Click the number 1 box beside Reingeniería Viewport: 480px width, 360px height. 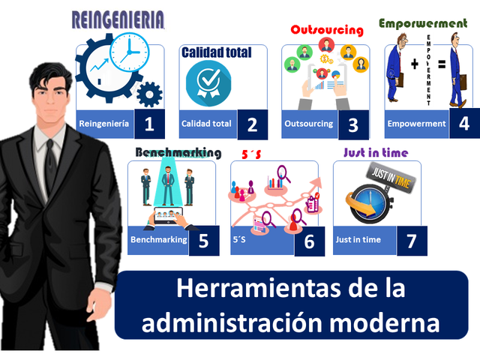[149, 124]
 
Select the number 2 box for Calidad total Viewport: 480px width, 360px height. [252, 124]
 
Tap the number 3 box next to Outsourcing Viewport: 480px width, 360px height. [353, 124]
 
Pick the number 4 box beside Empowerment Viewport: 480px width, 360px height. [464, 124]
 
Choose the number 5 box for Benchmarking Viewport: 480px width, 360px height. [203, 241]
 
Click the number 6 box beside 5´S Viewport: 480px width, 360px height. [309, 241]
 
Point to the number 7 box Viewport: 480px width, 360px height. [411, 241]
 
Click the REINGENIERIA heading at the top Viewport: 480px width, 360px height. [118, 21]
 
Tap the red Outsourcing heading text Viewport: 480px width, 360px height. [326, 30]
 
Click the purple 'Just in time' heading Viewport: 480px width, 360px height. [375, 152]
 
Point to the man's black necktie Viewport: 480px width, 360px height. [50, 161]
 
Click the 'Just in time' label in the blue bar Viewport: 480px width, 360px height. [358, 240]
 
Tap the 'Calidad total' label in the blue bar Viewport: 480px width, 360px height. [206, 124]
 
